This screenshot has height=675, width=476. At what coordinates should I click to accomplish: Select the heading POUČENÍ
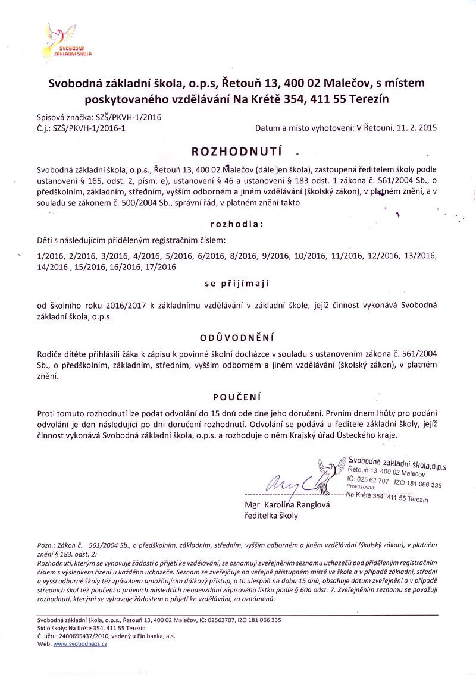click(x=236, y=397)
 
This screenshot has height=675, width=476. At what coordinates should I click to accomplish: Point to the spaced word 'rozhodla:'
click(x=236, y=224)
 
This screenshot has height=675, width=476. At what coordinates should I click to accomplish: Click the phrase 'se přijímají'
click(x=236, y=284)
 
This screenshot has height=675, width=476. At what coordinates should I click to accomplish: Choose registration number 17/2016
click(x=159, y=267)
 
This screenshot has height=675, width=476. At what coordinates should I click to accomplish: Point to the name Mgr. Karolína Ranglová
click(x=287, y=504)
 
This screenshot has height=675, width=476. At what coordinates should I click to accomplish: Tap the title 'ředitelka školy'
click(x=271, y=516)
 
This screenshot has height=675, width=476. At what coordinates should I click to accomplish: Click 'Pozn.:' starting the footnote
click(x=46, y=545)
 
